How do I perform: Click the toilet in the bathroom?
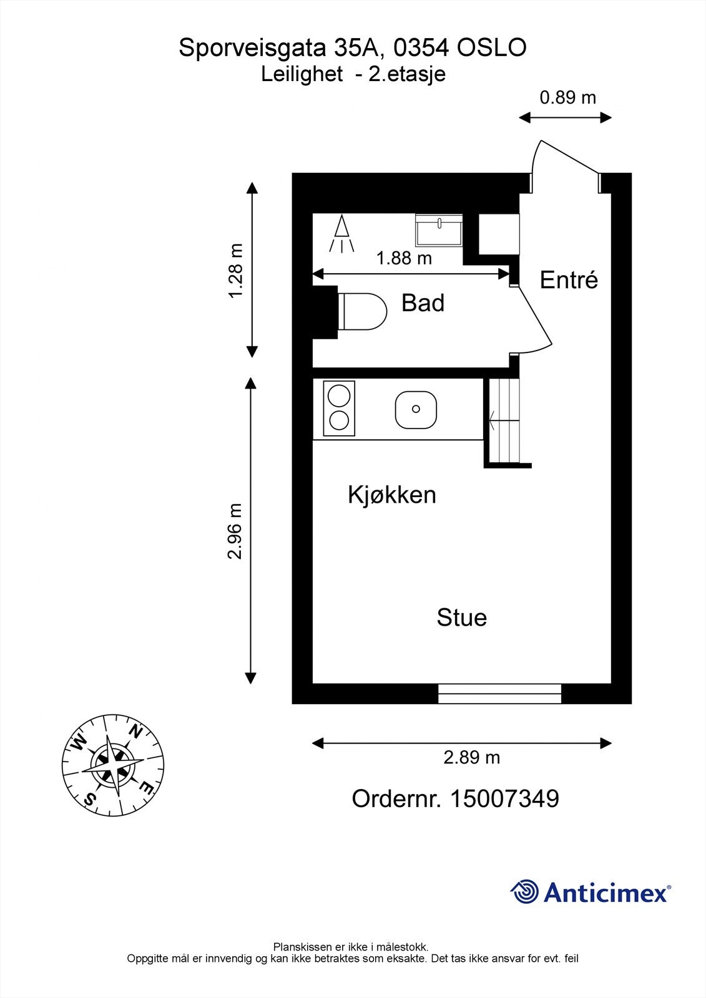click(x=362, y=311)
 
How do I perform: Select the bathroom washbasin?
click(x=439, y=230)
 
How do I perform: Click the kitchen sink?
click(x=416, y=409)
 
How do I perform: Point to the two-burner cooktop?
click(x=339, y=409)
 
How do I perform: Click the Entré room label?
click(x=569, y=280)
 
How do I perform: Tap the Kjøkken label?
click(x=392, y=495)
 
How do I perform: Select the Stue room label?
click(x=461, y=618)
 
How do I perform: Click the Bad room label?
click(x=423, y=303)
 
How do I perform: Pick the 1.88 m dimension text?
click(x=404, y=258)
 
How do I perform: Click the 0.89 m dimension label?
click(x=567, y=98)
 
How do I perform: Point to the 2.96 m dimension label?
click(x=235, y=531)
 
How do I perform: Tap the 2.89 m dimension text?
click(x=471, y=758)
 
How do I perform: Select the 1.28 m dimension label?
click(x=235, y=270)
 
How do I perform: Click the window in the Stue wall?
click(x=499, y=694)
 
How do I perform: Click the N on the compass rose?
click(x=136, y=730)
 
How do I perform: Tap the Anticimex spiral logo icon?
click(x=524, y=892)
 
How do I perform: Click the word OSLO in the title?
click(x=492, y=48)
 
